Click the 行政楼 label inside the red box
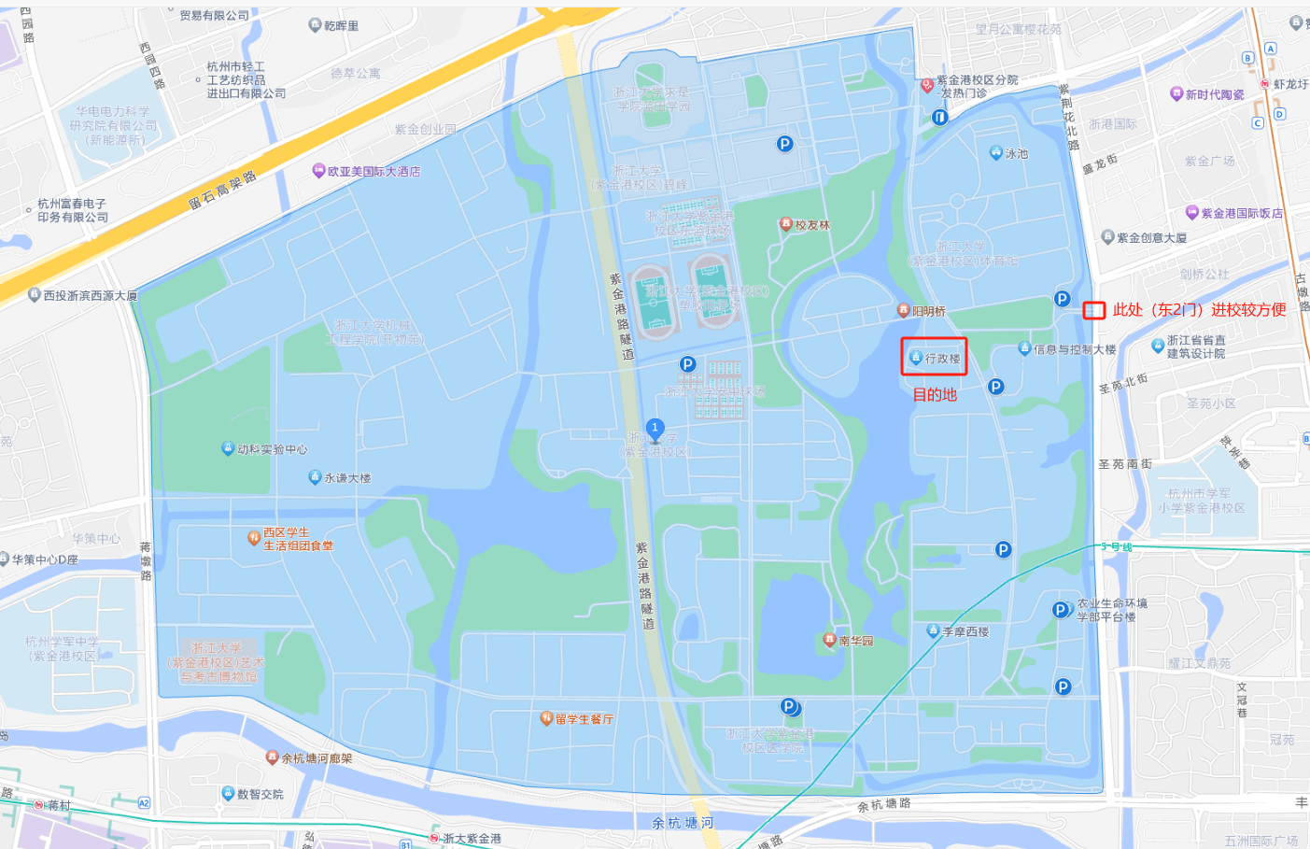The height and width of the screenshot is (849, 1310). [941, 359]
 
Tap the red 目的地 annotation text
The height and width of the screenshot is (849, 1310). [935, 395]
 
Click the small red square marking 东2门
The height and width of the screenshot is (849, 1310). [1093, 310]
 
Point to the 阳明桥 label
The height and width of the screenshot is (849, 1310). [928, 311]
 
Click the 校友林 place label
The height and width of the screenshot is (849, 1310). [811, 225]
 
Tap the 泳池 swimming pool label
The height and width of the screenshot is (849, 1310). [1016, 154]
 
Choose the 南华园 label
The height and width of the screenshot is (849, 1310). [855, 641]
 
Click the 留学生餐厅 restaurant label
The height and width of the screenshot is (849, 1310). [584, 719]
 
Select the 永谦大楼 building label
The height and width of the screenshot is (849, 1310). [346, 478]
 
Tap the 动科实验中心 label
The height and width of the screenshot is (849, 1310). [271, 449]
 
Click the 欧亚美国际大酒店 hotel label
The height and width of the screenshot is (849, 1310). [373, 172]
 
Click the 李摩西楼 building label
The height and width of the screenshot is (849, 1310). [965, 632]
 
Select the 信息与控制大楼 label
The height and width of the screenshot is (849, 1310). [1074, 350]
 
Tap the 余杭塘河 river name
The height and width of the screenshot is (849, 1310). [683, 823]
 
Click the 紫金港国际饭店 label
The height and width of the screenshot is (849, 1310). [1241, 214]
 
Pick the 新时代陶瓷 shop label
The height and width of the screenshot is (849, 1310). [1214, 94]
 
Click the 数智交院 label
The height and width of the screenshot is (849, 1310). [260, 794]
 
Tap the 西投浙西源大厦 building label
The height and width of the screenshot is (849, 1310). [90, 295]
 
